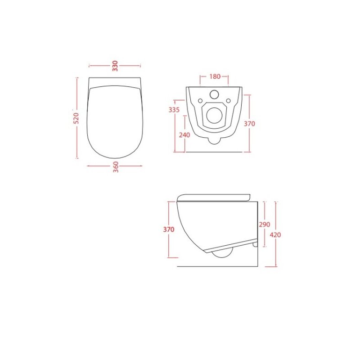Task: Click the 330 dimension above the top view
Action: (115, 66)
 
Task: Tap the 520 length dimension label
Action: (76, 118)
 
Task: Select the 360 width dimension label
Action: (116, 167)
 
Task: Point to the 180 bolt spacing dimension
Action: (215, 76)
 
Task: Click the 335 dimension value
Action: (174, 110)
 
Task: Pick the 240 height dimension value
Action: (184, 135)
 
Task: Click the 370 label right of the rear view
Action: (249, 124)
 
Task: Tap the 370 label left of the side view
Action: (169, 229)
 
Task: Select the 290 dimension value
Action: (265, 224)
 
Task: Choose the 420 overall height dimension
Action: (275, 235)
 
